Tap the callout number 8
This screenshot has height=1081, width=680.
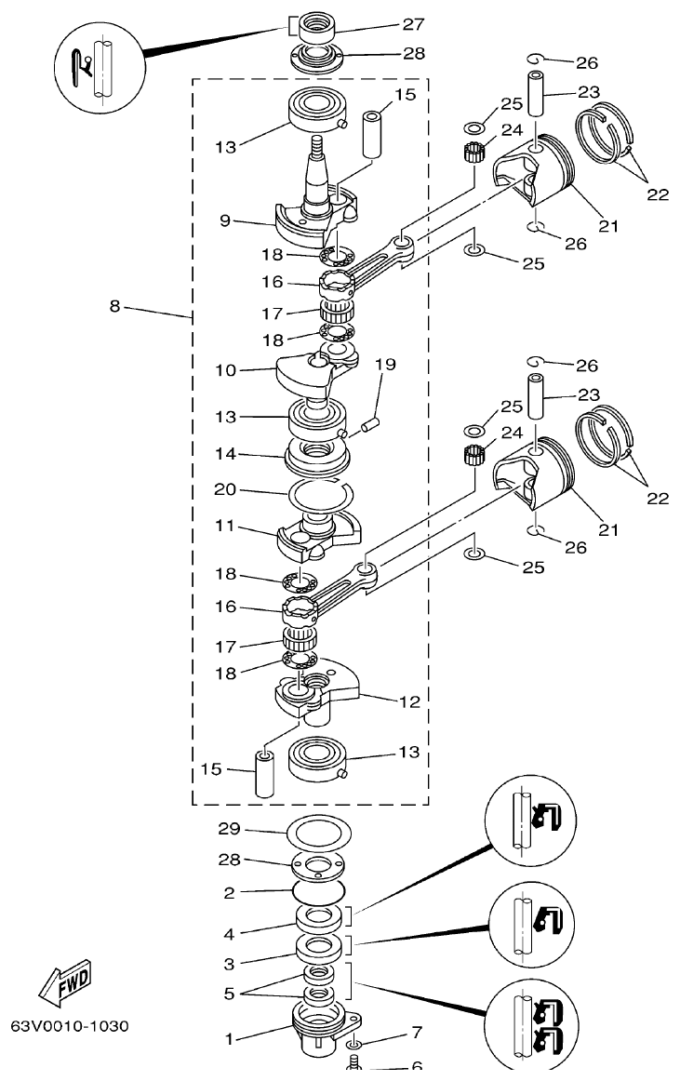(x=114, y=307)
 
